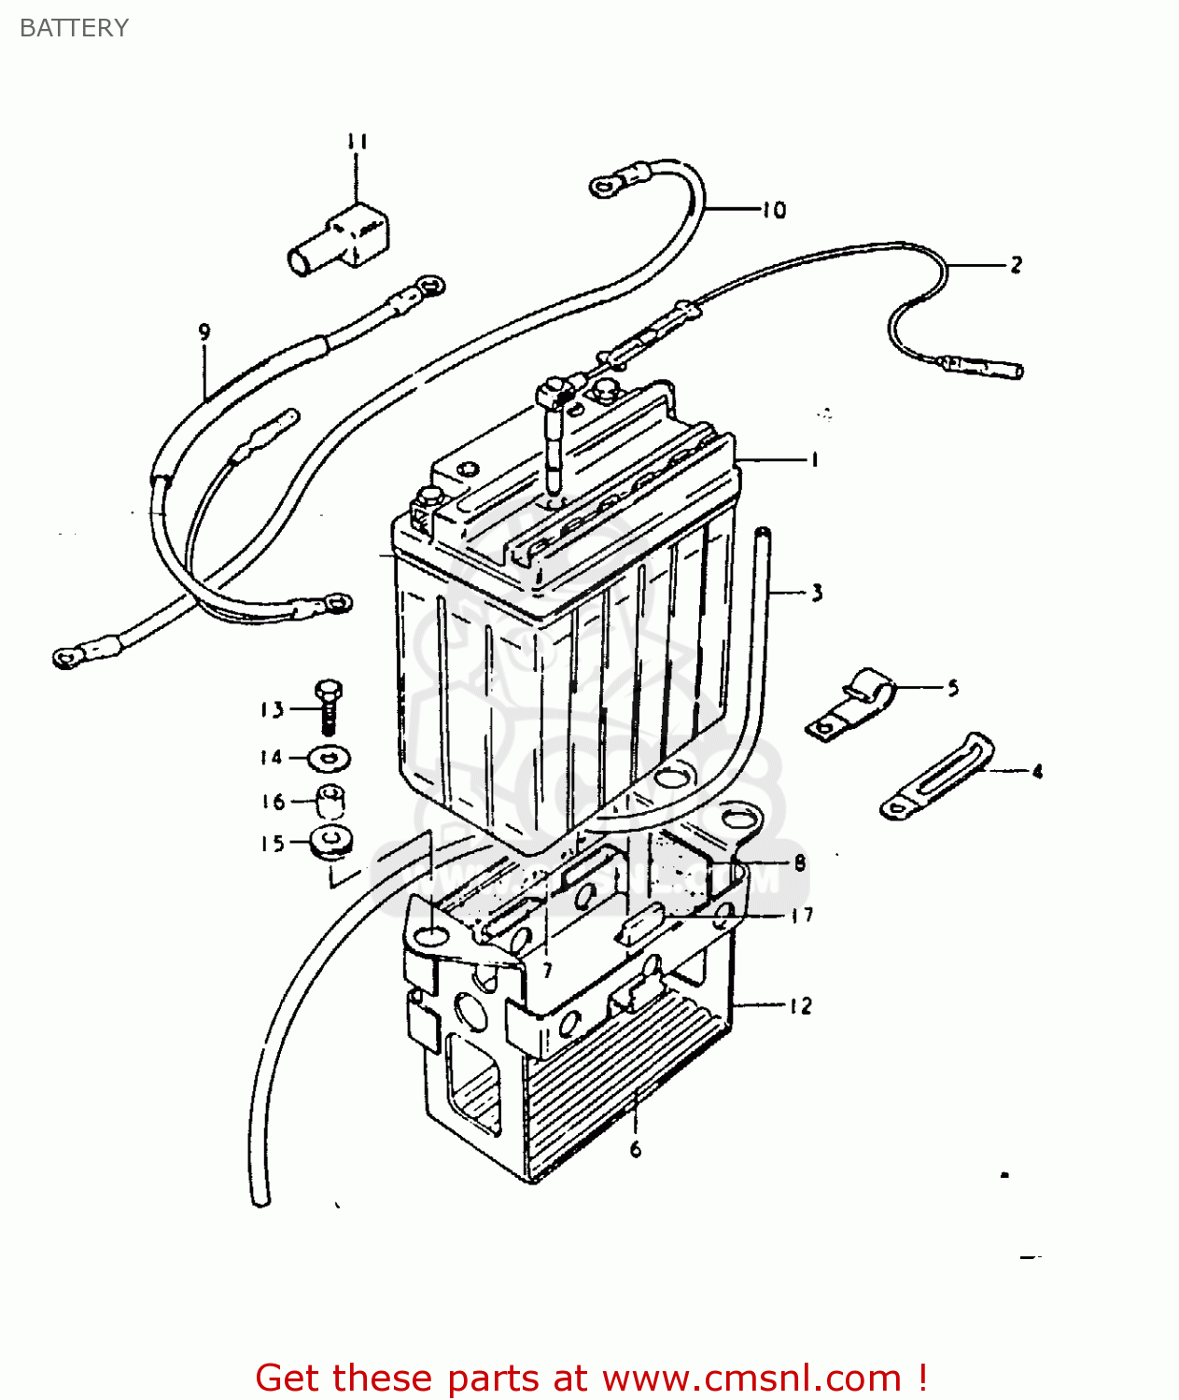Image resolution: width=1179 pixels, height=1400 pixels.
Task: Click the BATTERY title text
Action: pyautogui.click(x=74, y=28)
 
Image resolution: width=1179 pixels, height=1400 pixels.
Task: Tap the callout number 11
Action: pyautogui.click(x=357, y=142)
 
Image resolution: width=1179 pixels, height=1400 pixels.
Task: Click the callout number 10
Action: pyautogui.click(x=774, y=211)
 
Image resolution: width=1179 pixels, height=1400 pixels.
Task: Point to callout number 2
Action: pyautogui.click(x=1016, y=265)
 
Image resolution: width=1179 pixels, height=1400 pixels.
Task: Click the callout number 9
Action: pyautogui.click(x=204, y=331)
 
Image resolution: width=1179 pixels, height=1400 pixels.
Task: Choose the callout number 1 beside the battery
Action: pyautogui.click(x=814, y=459)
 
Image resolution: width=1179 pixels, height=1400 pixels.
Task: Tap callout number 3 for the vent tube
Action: pyautogui.click(x=817, y=593)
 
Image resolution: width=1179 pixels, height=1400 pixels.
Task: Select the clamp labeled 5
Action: pyautogui.click(x=849, y=706)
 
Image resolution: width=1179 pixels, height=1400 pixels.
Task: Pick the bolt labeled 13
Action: pyautogui.click(x=328, y=707)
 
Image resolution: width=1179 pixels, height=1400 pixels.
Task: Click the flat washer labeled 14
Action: pyautogui.click(x=329, y=759)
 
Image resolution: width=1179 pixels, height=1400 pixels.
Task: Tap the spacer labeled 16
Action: pyautogui.click(x=330, y=801)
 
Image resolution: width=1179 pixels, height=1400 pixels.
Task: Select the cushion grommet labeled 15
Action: pyautogui.click(x=330, y=842)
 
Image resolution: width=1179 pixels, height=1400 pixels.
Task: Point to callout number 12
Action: pyautogui.click(x=801, y=1006)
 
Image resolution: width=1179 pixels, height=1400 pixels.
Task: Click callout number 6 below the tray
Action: pyautogui.click(x=636, y=1150)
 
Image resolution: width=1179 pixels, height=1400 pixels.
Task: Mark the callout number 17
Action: pyautogui.click(x=802, y=916)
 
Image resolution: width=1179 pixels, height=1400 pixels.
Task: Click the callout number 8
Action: pyautogui.click(x=799, y=863)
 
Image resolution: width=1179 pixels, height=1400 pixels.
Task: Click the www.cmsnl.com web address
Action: pyautogui.click(x=752, y=1378)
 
